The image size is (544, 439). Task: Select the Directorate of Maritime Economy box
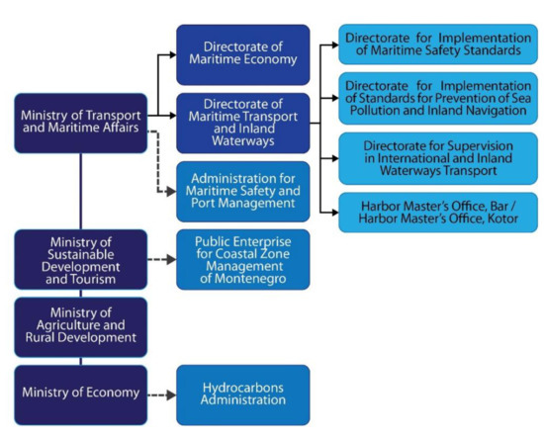pyautogui.click(x=242, y=54)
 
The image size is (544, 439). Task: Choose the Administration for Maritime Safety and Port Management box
pyautogui.click(x=242, y=191)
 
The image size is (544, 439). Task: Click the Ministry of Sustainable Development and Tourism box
pyautogui.click(x=80, y=259)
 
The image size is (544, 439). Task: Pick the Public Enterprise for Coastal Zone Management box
pyautogui.click(x=242, y=259)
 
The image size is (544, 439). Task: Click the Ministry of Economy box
pyautogui.click(x=80, y=394)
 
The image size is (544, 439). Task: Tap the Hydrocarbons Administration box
pyautogui.click(x=242, y=394)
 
